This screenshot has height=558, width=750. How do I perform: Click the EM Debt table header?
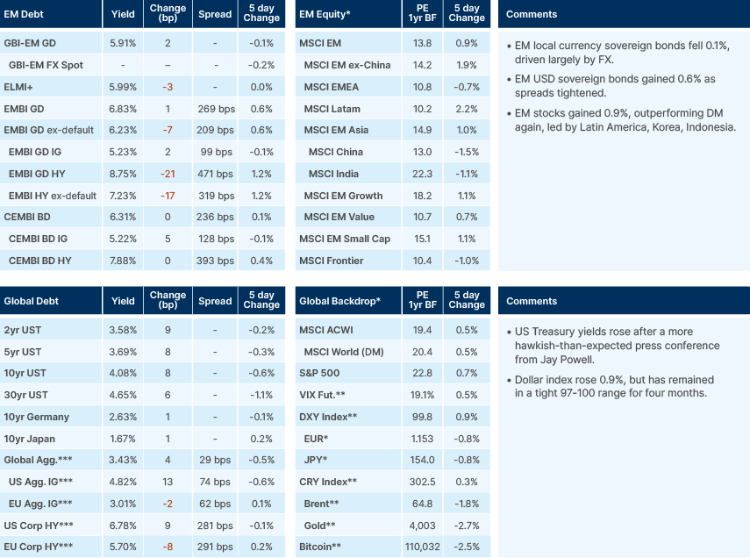(27, 15)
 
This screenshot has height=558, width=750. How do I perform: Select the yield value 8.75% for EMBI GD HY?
(124, 174)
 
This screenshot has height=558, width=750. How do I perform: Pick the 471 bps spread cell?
(215, 174)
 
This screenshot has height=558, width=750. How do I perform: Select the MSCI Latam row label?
(332, 109)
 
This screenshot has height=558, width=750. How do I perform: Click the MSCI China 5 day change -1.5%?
(467, 152)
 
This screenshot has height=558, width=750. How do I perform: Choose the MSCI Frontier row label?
(338, 261)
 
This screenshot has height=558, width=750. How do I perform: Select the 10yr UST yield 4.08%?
(124, 374)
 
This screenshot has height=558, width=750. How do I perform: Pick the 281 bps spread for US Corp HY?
(215, 526)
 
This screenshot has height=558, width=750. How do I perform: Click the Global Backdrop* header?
(339, 301)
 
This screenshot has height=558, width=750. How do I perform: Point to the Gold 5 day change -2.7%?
(467, 526)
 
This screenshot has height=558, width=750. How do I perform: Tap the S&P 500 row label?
(321, 374)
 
